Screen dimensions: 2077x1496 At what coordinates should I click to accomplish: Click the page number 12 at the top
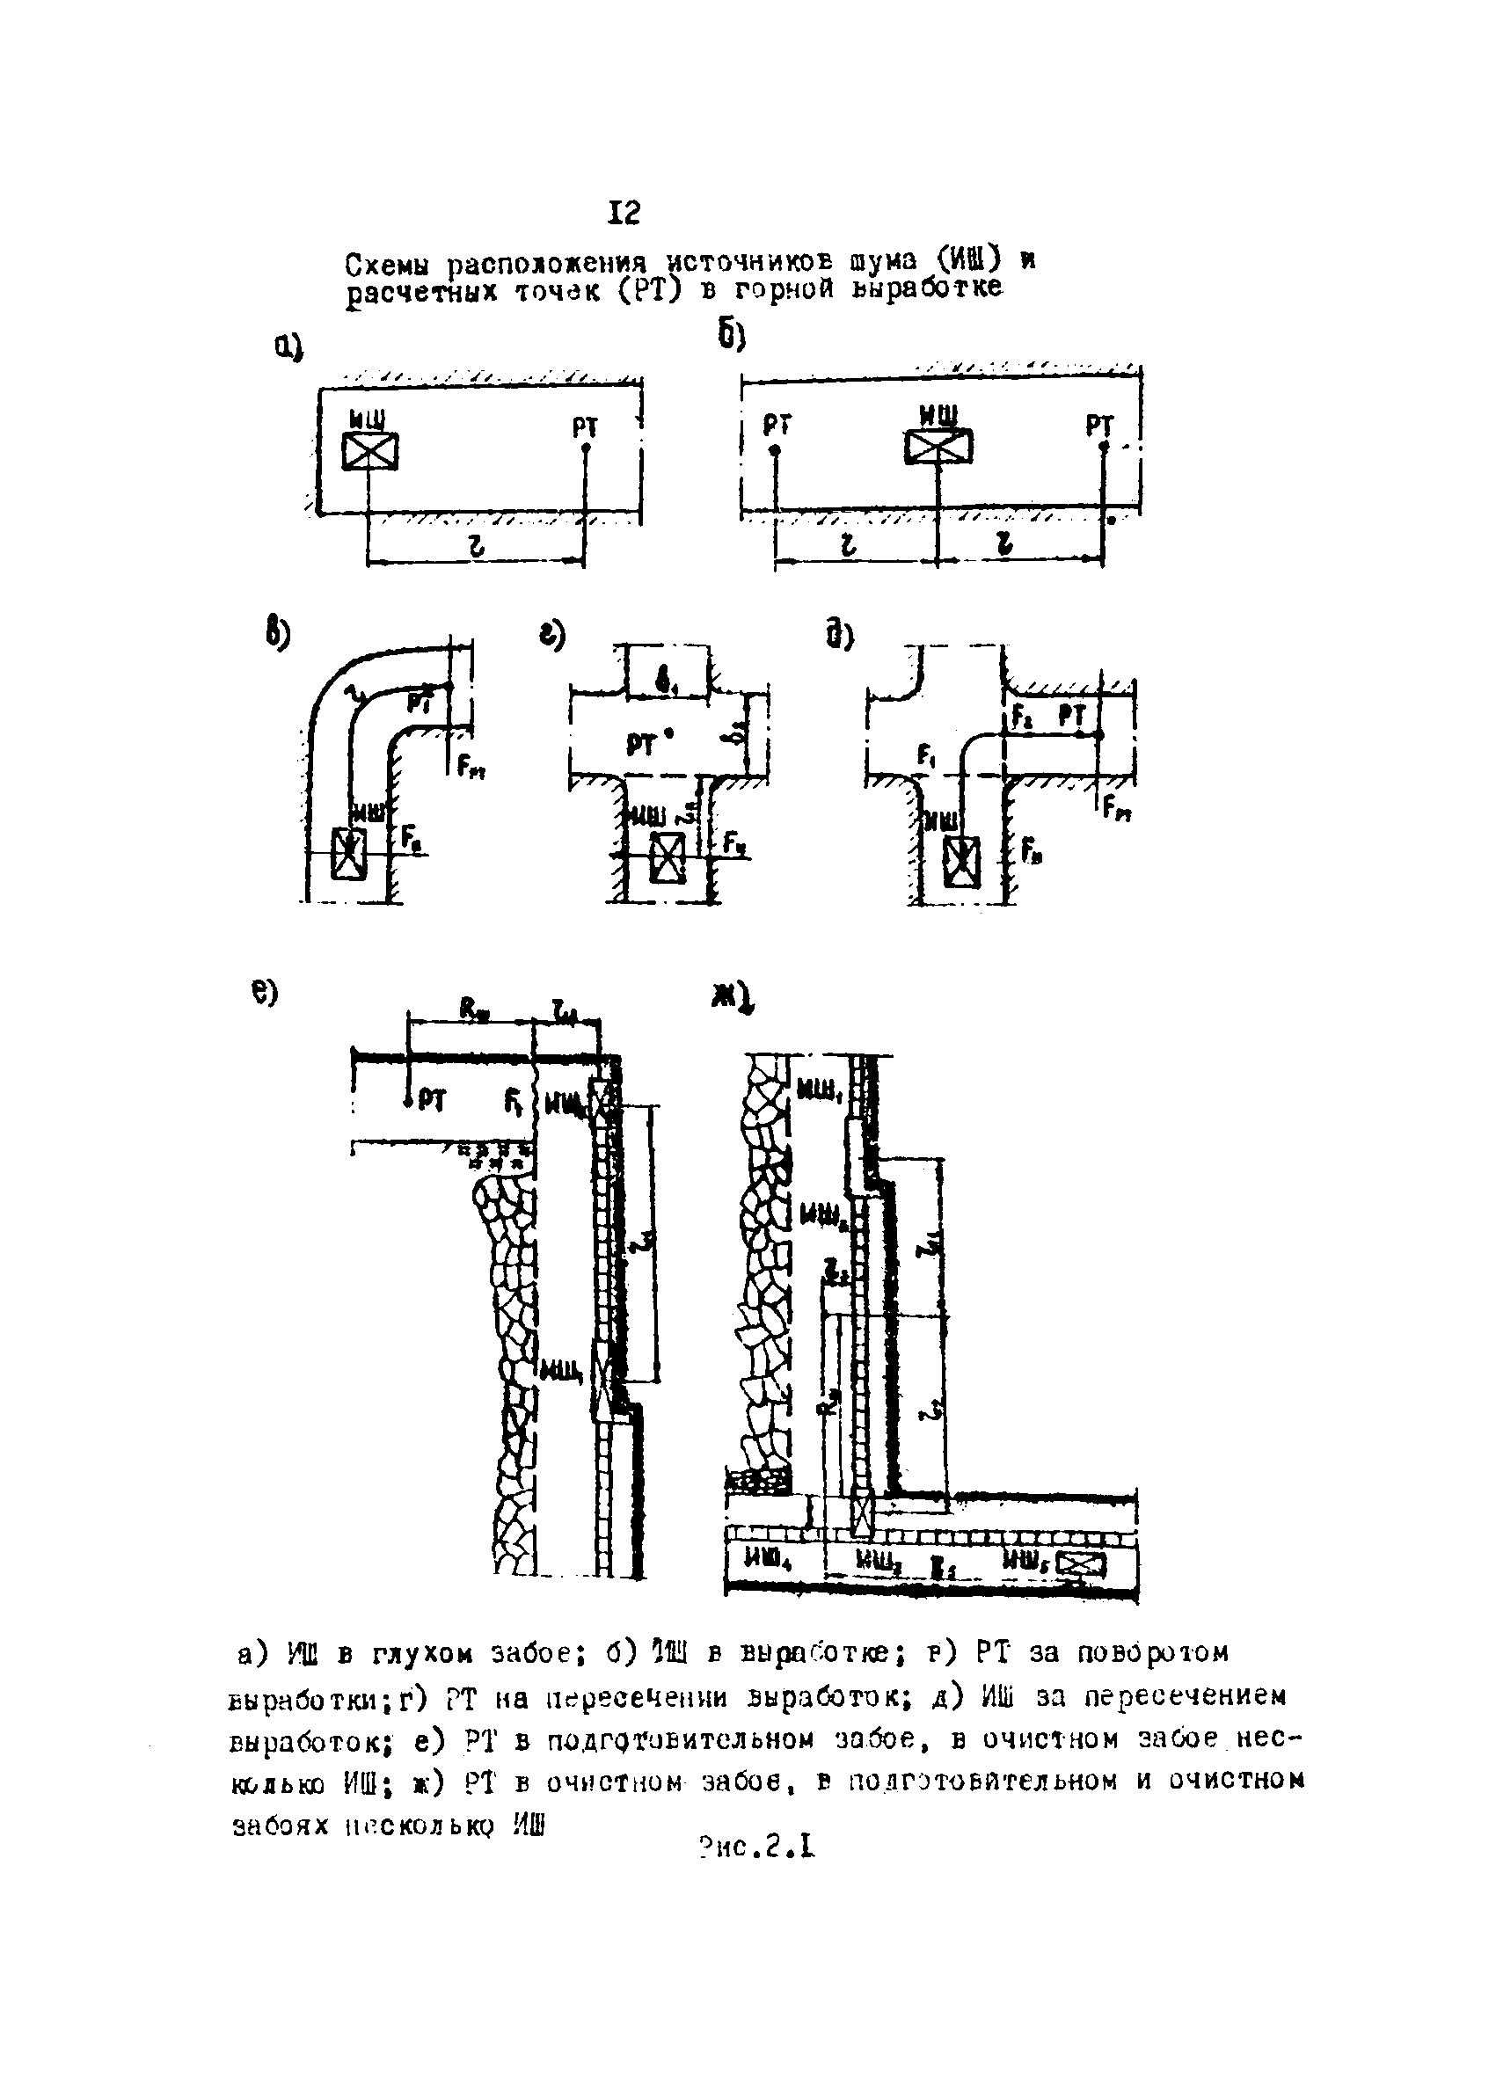pos(624,214)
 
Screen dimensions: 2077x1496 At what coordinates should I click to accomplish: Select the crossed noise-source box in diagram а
pos(369,451)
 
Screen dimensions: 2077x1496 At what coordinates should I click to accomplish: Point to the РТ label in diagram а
pos(586,426)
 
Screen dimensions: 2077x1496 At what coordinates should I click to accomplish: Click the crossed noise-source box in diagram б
pos(938,447)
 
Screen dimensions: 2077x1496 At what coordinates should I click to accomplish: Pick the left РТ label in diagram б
pos(777,426)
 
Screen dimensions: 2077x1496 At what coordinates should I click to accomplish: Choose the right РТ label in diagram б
pos(1099,426)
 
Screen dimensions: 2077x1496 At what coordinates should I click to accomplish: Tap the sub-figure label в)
pos(278,635)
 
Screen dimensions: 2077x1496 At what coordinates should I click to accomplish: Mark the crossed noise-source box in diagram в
pos(349,854)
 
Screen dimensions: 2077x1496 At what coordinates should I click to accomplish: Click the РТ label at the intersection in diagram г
pos(642,746)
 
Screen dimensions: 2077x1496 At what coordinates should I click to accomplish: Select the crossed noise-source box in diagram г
pos(667,858)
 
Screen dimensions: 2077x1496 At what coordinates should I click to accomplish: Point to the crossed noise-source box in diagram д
pos(962,863)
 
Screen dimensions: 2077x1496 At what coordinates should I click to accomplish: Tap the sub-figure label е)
pos(265,994)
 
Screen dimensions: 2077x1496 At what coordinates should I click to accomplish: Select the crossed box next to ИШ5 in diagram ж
pos(1082,1564)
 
